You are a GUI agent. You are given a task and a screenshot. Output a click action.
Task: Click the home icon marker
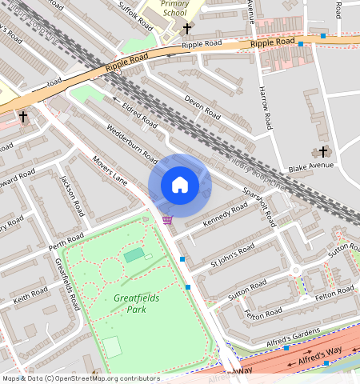pyautogui.click(x=180, y=185)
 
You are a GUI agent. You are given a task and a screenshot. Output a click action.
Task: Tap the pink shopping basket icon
pyautogui.click(x=167, y=219)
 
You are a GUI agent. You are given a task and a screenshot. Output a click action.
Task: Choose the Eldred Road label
pyautogui.click(x=139, y=114)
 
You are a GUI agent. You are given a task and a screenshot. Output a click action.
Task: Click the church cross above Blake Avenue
pyautogui.click(x=323, y=151)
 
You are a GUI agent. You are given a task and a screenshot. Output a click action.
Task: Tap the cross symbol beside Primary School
pyautogui.click(x=187, y=29)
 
